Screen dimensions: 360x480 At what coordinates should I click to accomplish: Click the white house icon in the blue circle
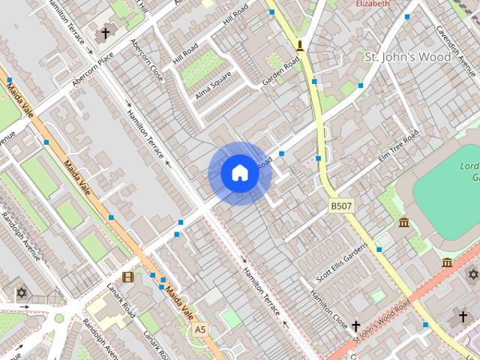(240, 173)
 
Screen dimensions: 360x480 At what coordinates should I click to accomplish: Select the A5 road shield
(199, 329)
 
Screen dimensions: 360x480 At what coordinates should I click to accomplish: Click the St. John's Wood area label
(407, 57)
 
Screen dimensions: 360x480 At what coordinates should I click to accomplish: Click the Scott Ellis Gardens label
(342, 263)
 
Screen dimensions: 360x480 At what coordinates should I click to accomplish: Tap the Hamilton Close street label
(330, 305)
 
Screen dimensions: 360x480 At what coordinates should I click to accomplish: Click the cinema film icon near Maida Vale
(127, 277)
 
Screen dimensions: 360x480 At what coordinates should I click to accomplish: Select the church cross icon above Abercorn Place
(106, 34)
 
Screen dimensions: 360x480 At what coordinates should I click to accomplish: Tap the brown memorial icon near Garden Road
(300, 46)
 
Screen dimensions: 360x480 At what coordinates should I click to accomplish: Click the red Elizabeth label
(373, 4)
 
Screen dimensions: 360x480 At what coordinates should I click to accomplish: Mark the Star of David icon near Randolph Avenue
(21, 292)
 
